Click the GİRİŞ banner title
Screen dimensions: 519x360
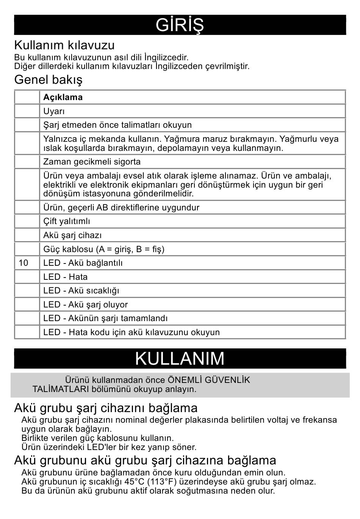point(180,25)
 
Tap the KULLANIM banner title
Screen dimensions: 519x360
point(180,359)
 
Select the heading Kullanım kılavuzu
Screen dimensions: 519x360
point(64,45)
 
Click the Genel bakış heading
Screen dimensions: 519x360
point(48,80)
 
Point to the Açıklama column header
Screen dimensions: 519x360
point(63,97)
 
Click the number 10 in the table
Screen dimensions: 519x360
point(23,263)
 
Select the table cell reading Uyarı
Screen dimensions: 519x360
point(54,111)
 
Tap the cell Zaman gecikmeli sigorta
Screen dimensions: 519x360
point(92,162)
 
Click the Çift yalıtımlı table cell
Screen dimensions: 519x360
point(67,221)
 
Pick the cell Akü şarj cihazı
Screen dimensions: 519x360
point(72,235)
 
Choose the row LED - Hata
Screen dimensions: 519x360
point(65,277)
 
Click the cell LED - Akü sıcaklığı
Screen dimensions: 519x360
point(81,291)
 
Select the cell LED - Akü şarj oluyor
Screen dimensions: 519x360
point(86,305)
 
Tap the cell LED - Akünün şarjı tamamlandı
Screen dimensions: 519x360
point(105,318)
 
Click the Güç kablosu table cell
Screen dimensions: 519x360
point(104,249)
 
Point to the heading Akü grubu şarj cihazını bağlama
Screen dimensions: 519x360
point(106,408)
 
